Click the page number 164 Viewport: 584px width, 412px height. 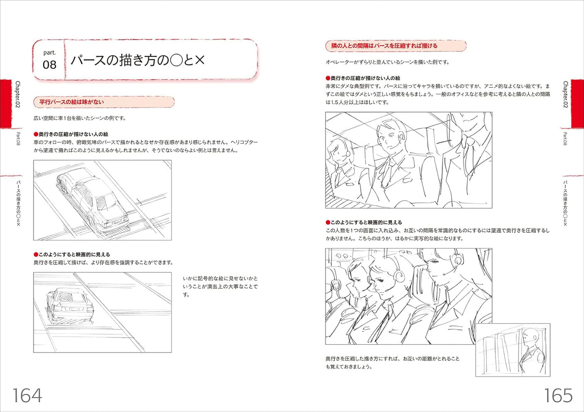27,395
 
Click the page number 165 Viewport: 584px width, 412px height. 558,395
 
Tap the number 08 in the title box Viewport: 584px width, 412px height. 49,65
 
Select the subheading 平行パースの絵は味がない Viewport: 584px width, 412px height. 71,102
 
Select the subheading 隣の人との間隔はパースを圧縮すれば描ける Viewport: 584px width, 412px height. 384,46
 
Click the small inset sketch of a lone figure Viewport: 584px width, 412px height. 513,350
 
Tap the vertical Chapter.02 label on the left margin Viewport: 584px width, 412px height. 18,95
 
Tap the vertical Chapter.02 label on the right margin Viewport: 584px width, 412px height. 565,95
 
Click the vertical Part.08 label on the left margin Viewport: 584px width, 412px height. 18,139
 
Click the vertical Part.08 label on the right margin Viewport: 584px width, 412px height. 565,139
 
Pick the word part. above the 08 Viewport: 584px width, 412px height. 49,53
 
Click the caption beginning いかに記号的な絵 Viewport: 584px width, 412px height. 220,286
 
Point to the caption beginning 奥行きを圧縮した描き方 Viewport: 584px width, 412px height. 393,363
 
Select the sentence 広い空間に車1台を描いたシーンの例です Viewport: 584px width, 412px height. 80,118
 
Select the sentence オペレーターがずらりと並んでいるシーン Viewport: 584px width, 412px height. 387,62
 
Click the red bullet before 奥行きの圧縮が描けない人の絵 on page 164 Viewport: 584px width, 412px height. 36,134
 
